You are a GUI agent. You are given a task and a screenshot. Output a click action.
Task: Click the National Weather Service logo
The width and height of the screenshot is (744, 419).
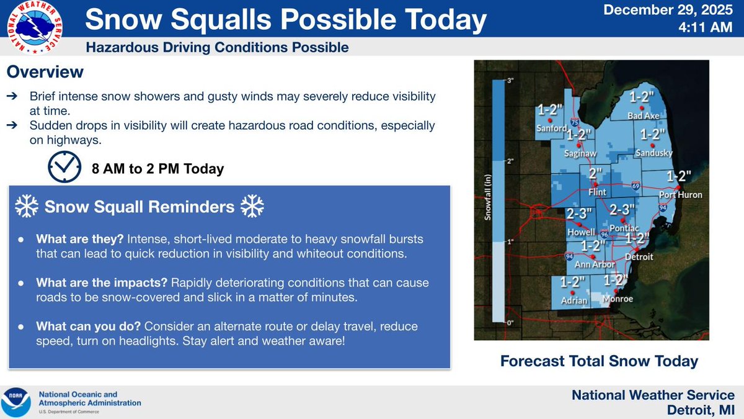[35, 27]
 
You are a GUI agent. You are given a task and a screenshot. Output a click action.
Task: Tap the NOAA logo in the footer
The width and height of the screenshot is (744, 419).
[15, 402]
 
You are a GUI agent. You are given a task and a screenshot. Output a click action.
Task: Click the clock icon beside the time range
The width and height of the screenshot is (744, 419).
[64, 167]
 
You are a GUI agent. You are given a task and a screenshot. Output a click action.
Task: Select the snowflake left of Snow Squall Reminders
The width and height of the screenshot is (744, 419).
[27, 206]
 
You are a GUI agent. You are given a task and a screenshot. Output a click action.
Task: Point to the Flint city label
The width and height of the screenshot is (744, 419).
[597, 192]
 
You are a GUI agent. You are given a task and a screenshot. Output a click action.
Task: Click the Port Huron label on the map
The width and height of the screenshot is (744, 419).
[681, 194]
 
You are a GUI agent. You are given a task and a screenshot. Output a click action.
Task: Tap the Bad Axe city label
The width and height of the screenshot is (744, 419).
[644, 115]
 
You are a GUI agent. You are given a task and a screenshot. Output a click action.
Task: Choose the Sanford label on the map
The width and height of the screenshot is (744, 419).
[552, 128]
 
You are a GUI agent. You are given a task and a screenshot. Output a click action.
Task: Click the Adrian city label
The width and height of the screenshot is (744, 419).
[574, 300]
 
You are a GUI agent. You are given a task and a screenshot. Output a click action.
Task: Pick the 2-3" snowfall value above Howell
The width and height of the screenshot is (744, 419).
[579, 214]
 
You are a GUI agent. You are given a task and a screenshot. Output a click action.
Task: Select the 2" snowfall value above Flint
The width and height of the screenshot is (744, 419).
[595, 173]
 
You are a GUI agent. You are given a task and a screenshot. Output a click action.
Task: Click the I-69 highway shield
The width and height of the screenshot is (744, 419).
[635, 186]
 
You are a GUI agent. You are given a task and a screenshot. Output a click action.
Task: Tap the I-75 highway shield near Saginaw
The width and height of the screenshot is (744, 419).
[575, 122]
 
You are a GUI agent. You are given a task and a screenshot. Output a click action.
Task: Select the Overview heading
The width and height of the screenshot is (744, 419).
[45, 72]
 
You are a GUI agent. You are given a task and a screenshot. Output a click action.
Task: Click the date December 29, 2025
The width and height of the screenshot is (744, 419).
[668, 10]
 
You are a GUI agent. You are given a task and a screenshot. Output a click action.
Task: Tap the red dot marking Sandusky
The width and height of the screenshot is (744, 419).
[652, 146]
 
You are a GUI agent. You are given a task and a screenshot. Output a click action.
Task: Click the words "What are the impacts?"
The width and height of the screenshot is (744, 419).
[102, 282]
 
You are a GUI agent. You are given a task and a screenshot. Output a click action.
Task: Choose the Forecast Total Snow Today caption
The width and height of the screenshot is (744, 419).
[599, 361]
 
